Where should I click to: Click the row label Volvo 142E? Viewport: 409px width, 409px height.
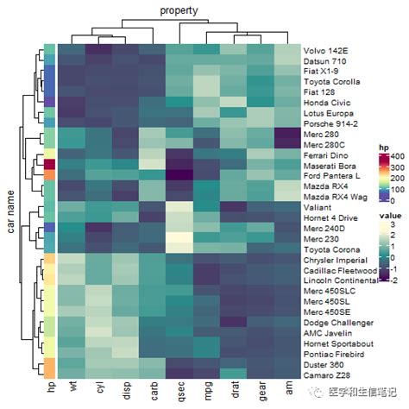[x=325, y=50]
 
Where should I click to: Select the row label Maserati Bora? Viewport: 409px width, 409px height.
[x=330, y=164]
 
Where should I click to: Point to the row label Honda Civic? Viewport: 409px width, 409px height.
[x=325, y=101]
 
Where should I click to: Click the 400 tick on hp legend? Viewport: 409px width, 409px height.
[x=395, y=157]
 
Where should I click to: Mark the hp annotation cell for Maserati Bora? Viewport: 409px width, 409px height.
[x=49, y=164]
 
